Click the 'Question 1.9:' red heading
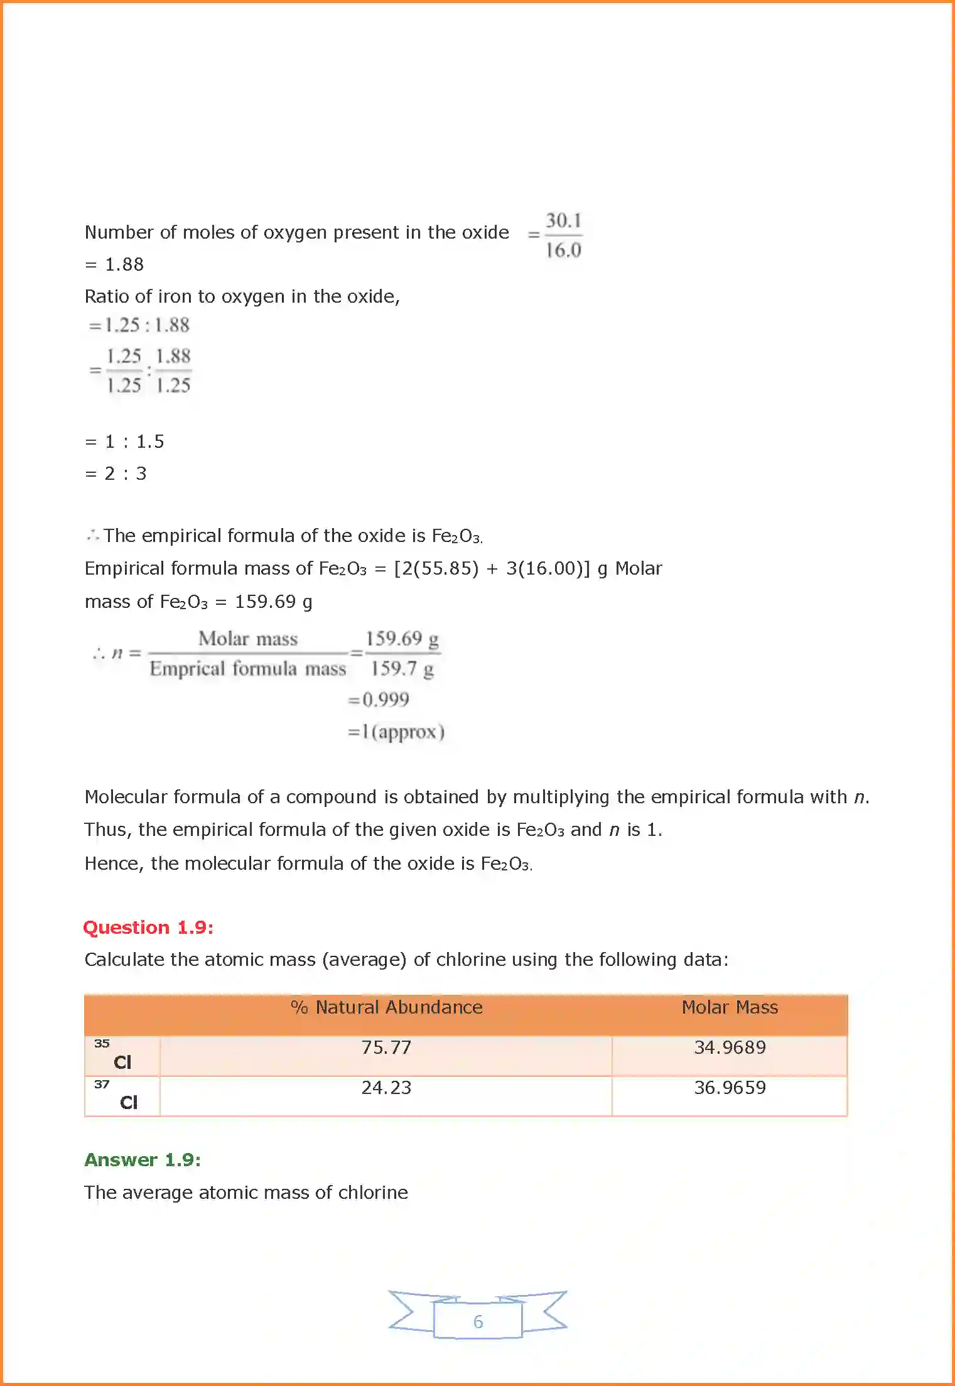(x=148, y=928)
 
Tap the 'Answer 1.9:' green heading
(x=143, y=1160)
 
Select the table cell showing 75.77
(x=386, y=1048)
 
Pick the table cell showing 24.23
(x=386, y=1088)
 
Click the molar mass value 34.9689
(x=730, y=1048)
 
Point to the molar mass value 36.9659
(x=730, y=1088)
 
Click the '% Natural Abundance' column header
(x=387, y=1007)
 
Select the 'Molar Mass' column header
(x=730, y=1007)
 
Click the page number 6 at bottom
(x=478, y=1322)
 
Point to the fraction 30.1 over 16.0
(x=563, y=236)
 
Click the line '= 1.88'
(x=114, y=264)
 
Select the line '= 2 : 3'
(x=116, y=474)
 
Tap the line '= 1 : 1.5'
(x=124, y=441)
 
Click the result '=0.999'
(x=379, y=700)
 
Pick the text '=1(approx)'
(x=396, y=732)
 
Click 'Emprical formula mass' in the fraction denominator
(x=248, y=669)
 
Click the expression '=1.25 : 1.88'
(x=139, y=325)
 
